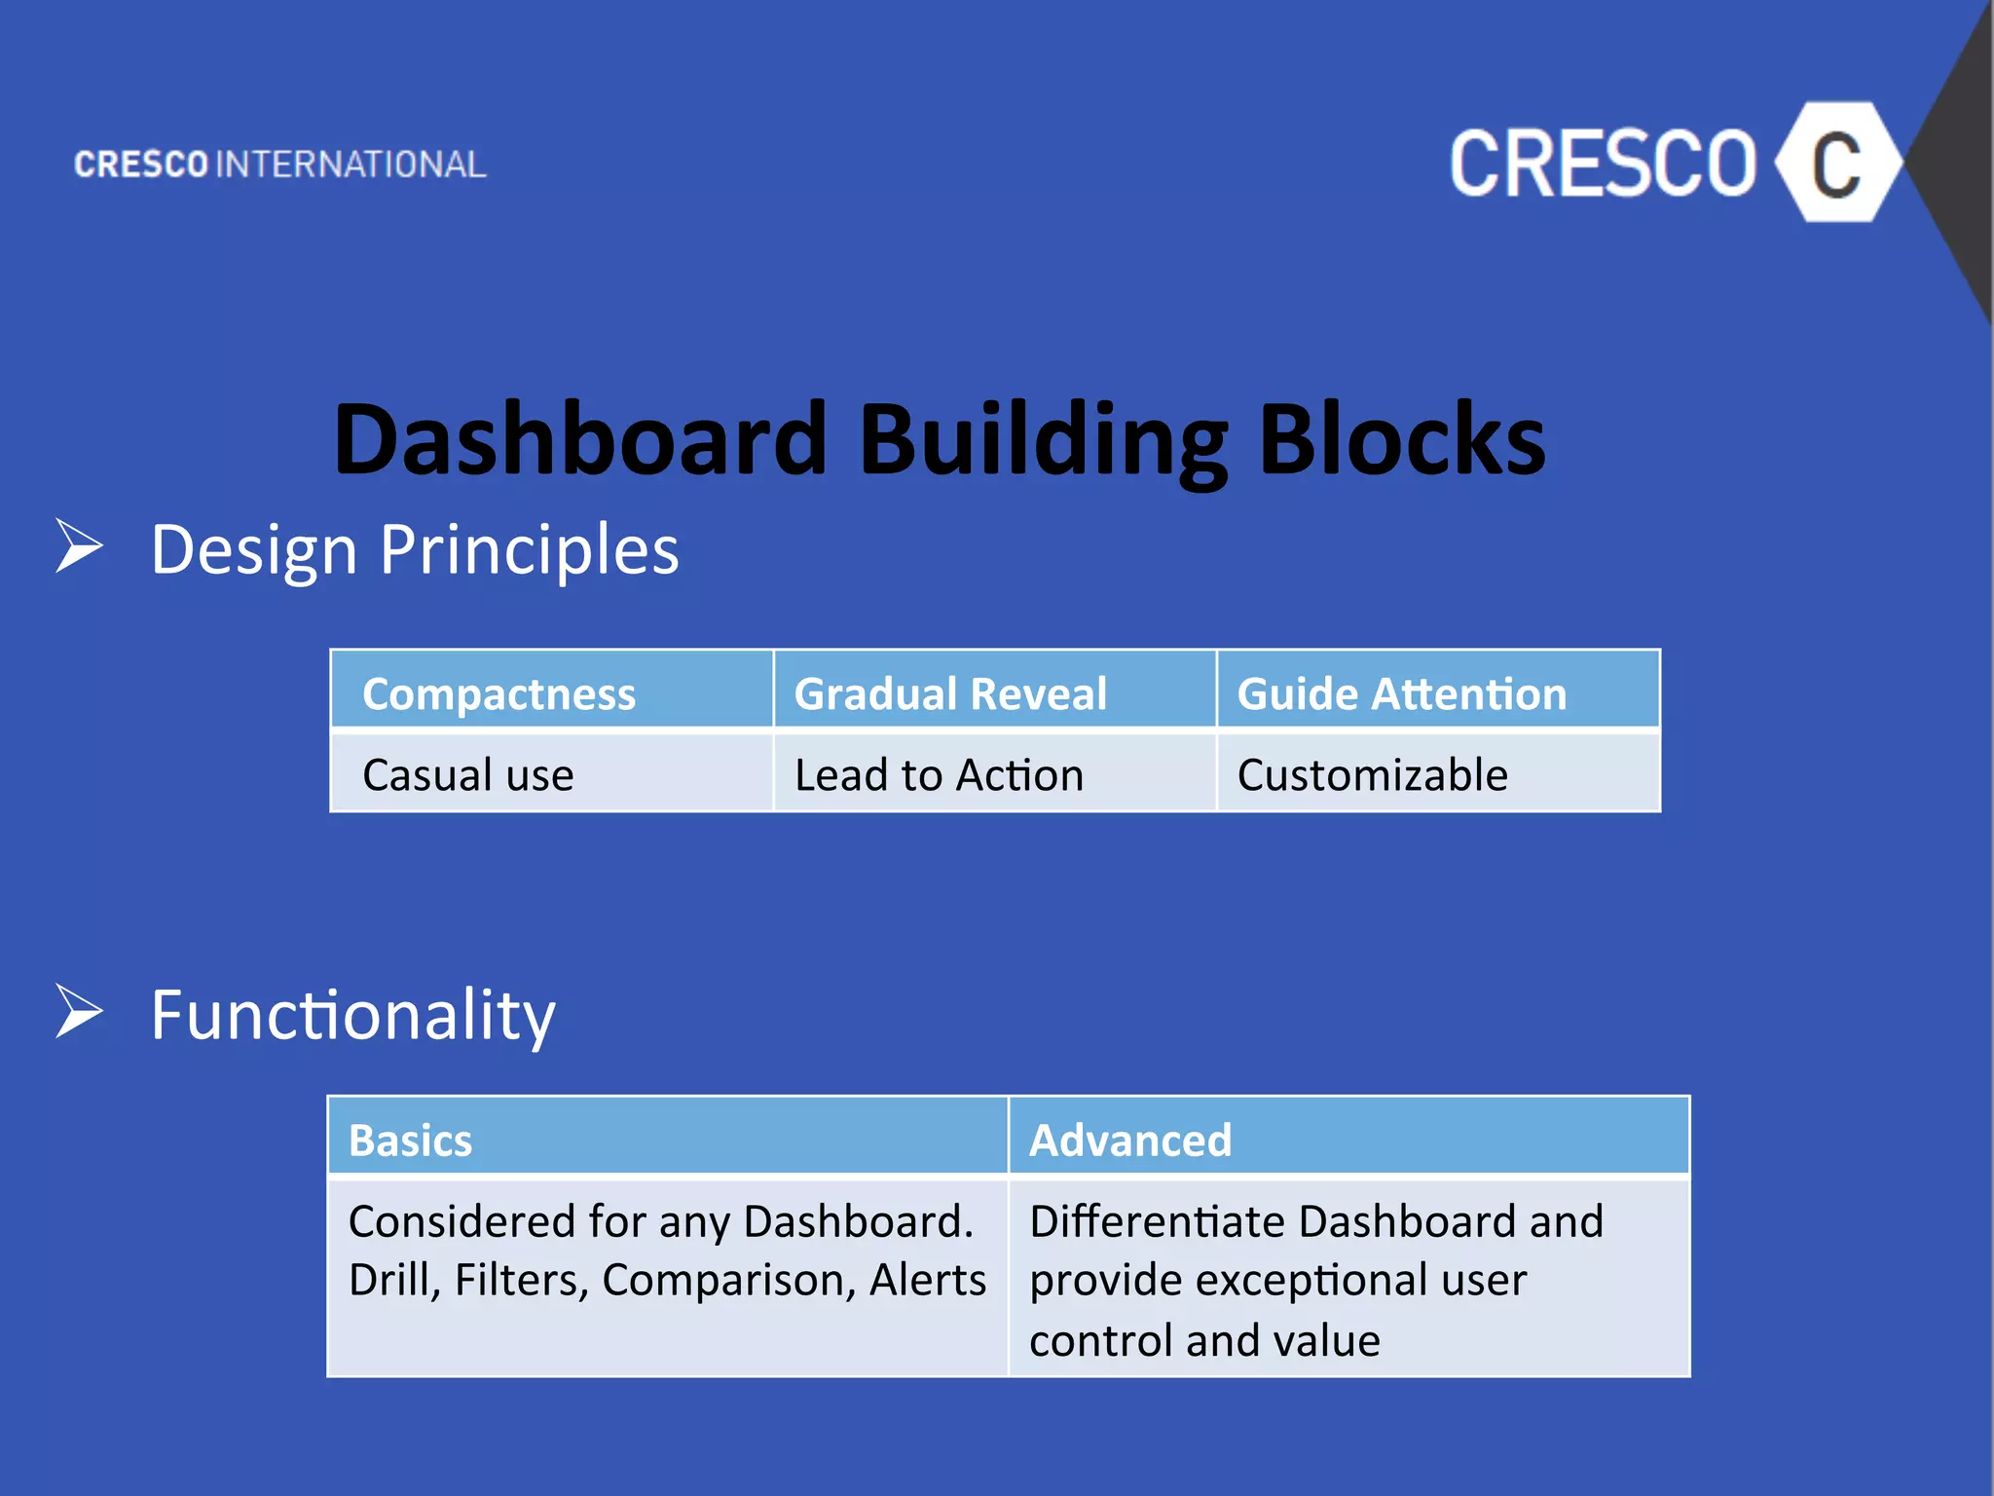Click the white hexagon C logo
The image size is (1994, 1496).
pyautogui.click(x=1837, y=163)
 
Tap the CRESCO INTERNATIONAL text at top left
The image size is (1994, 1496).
pyautogui.click(x=280, y=165)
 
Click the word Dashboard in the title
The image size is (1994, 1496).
pyautogui.click(x=580, y=440)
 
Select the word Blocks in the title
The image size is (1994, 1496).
pyautogui.click(x=1402, y=440)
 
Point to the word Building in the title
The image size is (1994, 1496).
pyautogui.click(x=1043, y=440)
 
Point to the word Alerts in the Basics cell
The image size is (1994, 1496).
pyautogui.click(x=928, y=1280)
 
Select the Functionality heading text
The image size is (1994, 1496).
pyautogui.click(x=352, y=1015)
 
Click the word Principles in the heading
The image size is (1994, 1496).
pyautogui.click(x=529, y=550)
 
